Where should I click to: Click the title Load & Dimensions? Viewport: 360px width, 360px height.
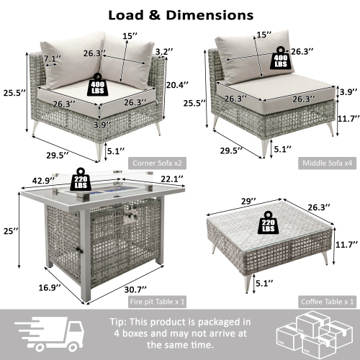[180, 14]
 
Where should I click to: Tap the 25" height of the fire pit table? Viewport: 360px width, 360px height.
[9, 230]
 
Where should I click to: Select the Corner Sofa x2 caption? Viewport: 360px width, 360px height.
[150, 163]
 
